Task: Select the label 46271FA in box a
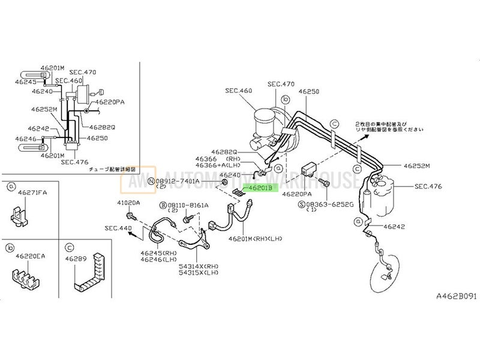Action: (x=29, y=193)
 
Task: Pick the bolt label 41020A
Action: (x=128, y=203)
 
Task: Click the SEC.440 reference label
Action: (x=117, y=228)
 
